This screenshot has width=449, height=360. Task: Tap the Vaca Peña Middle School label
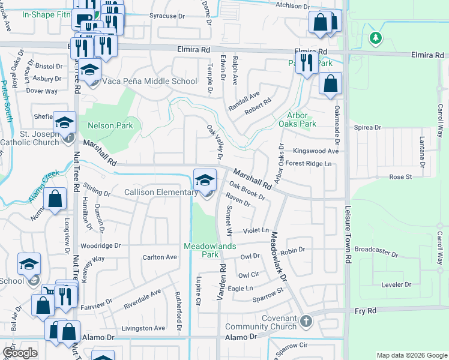(x=150, y=82)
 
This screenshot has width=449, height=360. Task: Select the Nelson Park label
(x=110, y=125)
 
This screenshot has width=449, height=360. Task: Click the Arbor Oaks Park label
(x=297, y=119)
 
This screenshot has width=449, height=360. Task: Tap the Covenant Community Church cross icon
(x=306, y=321)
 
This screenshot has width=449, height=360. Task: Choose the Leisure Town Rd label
(x=348, y=235)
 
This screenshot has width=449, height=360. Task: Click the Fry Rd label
(x=364, y=311)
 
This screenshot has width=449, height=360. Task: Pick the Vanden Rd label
(x=221, y=281)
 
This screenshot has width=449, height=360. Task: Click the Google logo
(x=20, y=353)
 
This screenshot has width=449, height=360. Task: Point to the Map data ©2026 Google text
(x=411, y=355)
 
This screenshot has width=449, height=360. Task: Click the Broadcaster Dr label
(x=376, y=251)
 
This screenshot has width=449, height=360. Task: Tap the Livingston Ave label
(x=143, y=328)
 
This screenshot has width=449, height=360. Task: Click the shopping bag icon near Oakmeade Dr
(x=330, y=84)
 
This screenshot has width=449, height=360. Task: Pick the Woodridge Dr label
(x=101, y=245)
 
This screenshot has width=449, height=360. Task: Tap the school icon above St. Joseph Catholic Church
(x=64, y=123)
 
